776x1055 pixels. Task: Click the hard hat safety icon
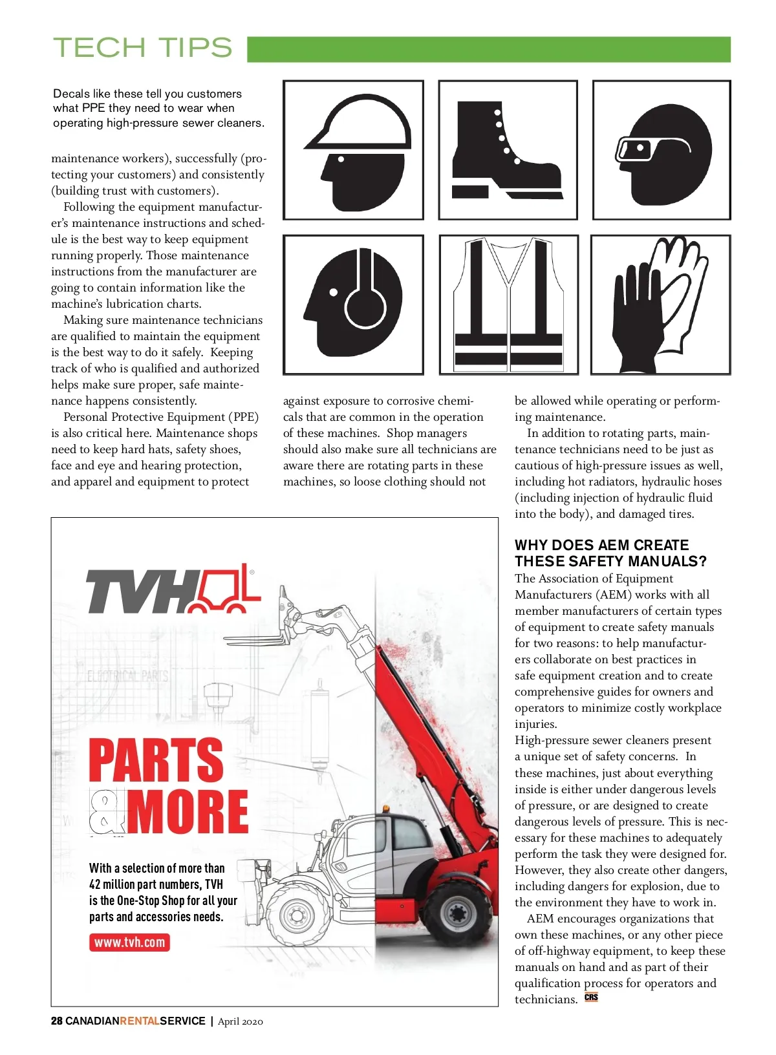(x=354, y=150)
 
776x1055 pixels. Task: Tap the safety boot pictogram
(x=507, y=150)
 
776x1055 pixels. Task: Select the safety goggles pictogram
(x=661, y=150)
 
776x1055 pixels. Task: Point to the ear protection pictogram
(x=354, y=304)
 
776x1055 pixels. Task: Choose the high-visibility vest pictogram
(x=508, y=304)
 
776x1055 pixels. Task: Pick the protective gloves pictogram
(x=660, y=304)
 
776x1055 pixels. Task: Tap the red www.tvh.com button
(x=129, y=942)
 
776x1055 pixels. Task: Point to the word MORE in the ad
(x=188, y=811)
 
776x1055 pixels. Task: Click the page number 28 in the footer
(x=57, y=1021)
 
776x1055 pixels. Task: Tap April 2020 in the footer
(x=241, y=1021)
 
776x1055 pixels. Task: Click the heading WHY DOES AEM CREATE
(x=601, y=545)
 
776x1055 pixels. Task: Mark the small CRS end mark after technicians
(x=591, y=997)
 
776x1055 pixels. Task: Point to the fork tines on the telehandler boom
(x=252, y=640)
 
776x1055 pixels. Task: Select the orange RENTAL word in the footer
(x=140, y=1021)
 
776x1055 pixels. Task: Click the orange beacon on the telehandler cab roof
(x=386, y=809)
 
